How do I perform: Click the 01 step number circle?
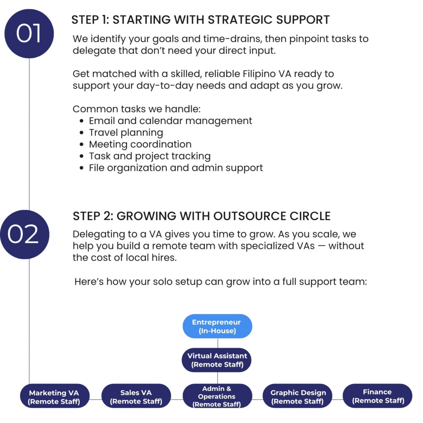[x=29, y=33]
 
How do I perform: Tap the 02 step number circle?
[x=24, y=235]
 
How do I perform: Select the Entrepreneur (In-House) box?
[x=217, y=326]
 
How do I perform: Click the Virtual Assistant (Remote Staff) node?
[x=217, y=360]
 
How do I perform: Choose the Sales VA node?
[x=136, y=396]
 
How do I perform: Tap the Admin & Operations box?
[x=217, y=396]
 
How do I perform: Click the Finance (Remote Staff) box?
[x=378, y=396]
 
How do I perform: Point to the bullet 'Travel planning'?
[x=126, y=133]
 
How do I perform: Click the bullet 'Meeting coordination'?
[x=140, y=144]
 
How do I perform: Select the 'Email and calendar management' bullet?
[x=171, y=121]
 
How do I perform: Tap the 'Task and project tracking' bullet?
[x=150, y=156]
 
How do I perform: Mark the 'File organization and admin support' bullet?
[x=176, y=168]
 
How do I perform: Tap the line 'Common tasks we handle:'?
[x=136, y=109]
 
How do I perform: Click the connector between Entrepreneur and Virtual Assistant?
[x=218, y=343]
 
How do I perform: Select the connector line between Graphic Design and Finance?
[x=337, y=399]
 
